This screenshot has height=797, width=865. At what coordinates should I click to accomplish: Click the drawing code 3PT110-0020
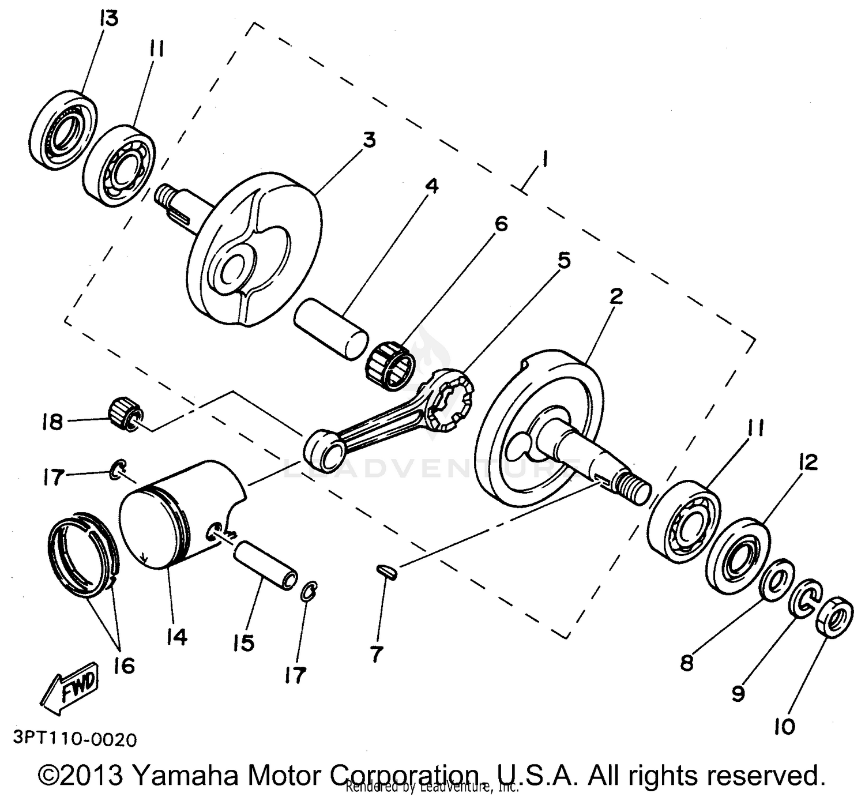coord(74,739)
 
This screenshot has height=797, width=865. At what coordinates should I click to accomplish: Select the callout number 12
coord(808,461)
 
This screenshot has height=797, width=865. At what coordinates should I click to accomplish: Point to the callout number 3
coord(368,140)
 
